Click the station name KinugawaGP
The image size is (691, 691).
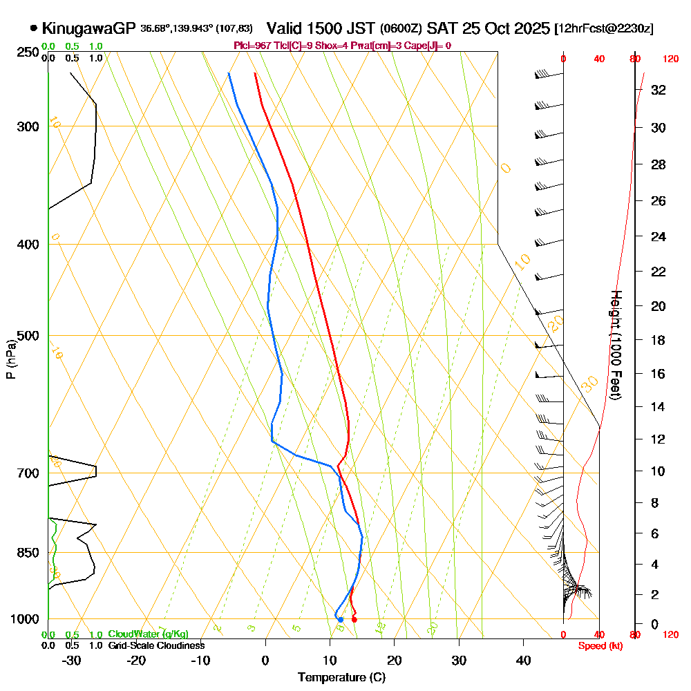click(89, 28)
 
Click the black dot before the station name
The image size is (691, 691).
click(34, 28)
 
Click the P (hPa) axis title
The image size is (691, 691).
click(10, 359)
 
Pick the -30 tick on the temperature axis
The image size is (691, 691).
click(72, 660)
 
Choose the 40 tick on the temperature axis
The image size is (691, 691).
click(524, 660)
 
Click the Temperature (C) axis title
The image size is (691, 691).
click(341, 677)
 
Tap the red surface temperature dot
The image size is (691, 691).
click(354, 619)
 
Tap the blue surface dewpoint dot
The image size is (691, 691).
click(340, 619)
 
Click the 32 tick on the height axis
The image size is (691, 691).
click(659, 90)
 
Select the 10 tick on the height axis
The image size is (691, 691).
click(659, 471)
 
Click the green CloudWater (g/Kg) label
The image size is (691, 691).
click(148, 634)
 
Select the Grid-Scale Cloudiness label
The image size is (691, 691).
click(156, 645)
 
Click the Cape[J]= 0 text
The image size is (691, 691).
click(428, 46)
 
